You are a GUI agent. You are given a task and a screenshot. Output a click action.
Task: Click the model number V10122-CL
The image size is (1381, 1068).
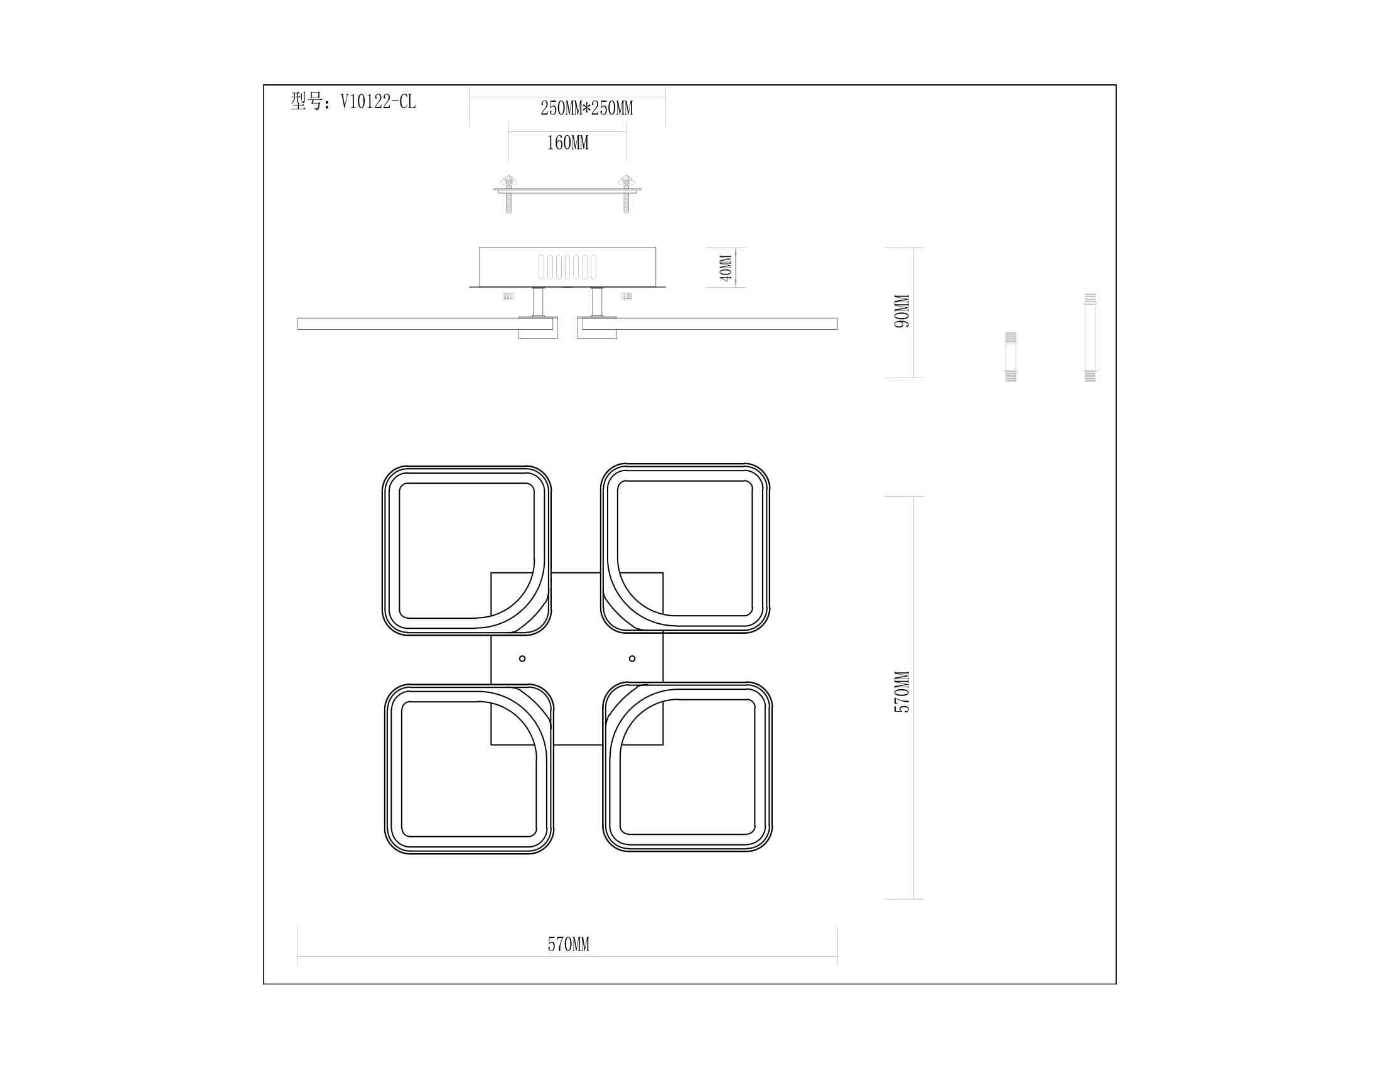click(378, 102)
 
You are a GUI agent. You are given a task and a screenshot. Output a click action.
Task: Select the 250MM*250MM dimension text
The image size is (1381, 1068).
click(586, 108)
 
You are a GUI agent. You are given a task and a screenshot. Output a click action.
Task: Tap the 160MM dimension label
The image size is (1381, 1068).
click(567, 143)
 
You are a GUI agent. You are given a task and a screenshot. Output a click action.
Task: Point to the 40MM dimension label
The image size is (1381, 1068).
click(725, 268)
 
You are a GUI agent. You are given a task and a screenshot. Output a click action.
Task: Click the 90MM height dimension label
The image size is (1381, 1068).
click(901, 311)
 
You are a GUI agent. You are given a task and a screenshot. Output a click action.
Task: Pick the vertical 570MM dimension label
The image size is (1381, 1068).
click(901, 692)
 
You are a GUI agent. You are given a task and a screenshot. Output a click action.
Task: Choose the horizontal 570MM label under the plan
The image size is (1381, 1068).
click(568, 945)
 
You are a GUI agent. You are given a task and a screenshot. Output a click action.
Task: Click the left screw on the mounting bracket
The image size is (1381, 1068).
click(508, 194)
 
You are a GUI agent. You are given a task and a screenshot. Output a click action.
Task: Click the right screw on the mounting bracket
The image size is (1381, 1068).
click(626, 194)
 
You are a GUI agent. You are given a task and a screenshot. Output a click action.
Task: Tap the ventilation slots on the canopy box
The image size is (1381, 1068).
click(567, 267)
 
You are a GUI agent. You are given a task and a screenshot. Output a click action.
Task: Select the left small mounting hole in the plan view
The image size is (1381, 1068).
click(522, 658)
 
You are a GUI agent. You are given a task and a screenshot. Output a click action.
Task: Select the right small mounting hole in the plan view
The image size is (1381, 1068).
click(632, 658)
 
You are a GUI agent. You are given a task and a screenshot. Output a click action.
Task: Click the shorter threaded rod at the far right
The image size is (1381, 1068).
click(1011, 357)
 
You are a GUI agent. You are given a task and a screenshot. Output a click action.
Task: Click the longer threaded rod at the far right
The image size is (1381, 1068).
click(1090, 337)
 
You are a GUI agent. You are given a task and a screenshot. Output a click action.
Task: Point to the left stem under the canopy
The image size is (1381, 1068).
click(538, 302)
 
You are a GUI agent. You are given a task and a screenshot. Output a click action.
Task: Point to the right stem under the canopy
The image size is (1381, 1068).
click(597, 302)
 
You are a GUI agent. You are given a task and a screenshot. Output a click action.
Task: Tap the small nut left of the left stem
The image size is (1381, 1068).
click(508, 296)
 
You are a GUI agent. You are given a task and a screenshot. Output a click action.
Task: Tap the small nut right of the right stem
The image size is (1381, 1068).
click(626, 296)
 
